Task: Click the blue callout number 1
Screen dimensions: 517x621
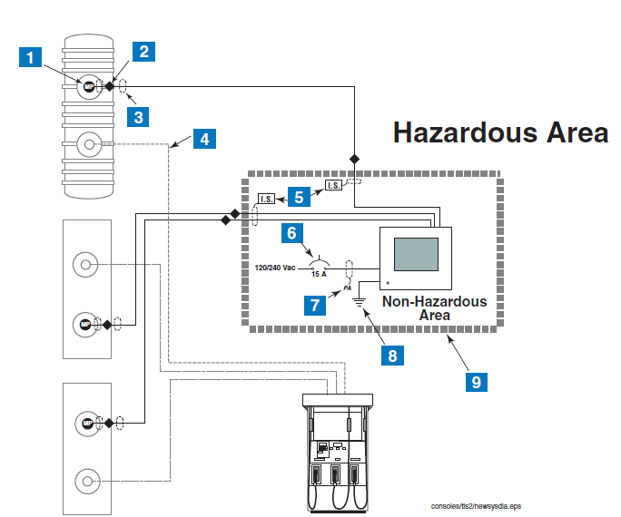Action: (32, 58)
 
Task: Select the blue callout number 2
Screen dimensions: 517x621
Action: (143, 51)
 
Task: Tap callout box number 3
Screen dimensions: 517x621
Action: (137, 116)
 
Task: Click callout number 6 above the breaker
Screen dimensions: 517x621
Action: (291, 233)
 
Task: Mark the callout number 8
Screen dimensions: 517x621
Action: (392, 356)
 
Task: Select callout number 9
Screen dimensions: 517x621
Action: (475, 381)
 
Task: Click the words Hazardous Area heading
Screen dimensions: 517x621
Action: (500, 132)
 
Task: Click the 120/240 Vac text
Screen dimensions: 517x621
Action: (276, 268)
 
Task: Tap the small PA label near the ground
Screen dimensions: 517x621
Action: (348, 288)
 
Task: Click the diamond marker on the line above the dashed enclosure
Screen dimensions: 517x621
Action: (356, 159)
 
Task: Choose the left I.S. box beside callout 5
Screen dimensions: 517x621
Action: (267, 199)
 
